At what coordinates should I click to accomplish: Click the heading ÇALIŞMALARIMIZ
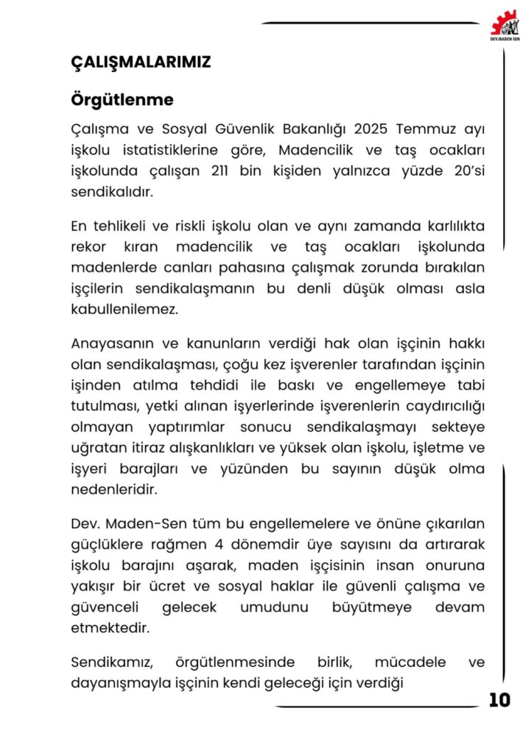point(141,63)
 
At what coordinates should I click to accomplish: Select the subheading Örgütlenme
point(122,99)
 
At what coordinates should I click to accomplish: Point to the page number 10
point(499,700)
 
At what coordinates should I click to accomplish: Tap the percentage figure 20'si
point(465,171)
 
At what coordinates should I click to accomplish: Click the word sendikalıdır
point(112,191)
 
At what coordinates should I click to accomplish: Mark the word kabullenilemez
point(124,310)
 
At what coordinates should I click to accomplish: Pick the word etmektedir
point(109,629)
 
